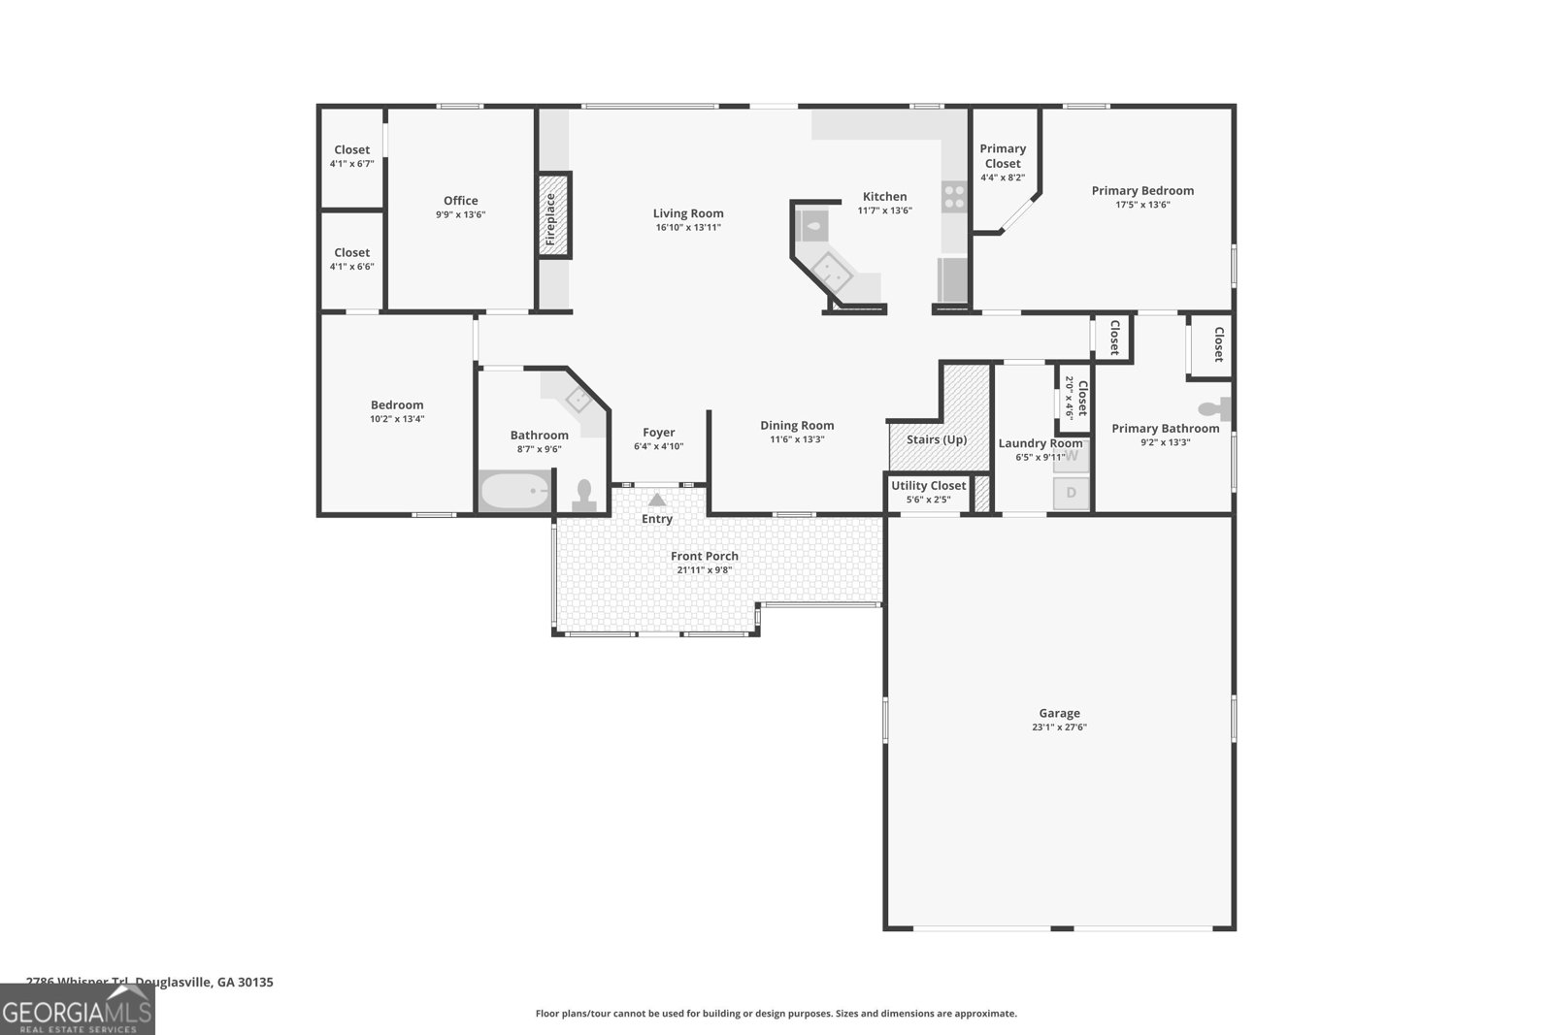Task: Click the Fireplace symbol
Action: (553, 215)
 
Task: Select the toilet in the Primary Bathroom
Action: (1216, 409)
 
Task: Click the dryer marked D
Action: (1072, 493)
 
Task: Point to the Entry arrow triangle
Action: (657, 500)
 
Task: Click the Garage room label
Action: (1059, 713)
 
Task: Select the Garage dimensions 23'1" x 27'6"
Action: (1059, 728)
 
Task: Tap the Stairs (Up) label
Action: (937, 439)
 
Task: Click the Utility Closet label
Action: (929, 485)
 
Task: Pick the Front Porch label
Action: (705, 556)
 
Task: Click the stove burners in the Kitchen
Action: (954, 197)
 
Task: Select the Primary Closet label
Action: (1003, 155)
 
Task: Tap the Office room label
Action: (461, 201)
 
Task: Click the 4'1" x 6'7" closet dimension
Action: (351, 164)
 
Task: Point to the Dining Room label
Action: (797, 425)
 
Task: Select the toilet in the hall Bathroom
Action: (584, 495)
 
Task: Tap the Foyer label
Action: (659, 433)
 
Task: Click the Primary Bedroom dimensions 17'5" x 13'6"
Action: (1142, 205)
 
